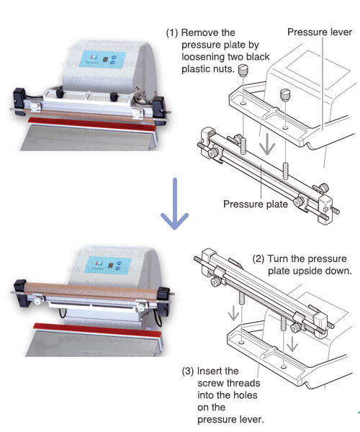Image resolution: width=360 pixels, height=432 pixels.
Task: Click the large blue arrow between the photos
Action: (175, 204)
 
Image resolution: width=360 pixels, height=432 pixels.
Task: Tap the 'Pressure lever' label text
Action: (320, 32)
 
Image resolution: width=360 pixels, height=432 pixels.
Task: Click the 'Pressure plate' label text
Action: (256, 204)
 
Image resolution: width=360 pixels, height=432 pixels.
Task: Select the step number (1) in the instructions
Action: (172, 33)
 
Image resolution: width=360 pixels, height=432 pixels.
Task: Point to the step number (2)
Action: (258, 259)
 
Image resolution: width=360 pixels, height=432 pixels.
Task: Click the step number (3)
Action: (188, 371)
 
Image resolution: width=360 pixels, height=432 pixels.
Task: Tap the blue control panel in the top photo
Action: (103, 59)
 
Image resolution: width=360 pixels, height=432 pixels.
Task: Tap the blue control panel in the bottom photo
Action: (108, 264)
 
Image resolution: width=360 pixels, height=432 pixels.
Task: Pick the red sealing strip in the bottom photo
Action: (97, 330)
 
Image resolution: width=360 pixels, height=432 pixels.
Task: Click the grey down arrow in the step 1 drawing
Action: (267, 145)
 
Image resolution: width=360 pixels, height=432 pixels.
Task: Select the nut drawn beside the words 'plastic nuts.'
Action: (243, 70)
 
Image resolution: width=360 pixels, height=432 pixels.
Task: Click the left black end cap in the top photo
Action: (19, 98)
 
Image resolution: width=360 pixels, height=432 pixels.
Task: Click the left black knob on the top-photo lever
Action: (60, 93)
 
